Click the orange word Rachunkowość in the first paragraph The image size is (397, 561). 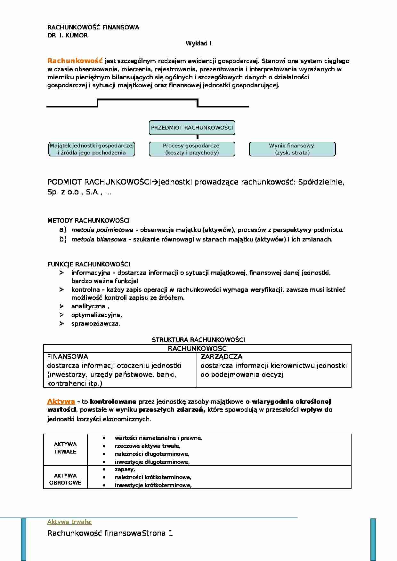(75, 61)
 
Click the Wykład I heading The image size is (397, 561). (198, 43)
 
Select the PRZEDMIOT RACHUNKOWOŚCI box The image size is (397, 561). (192, 128)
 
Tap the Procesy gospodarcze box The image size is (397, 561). (192, 149)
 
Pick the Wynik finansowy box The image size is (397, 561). (292, 149)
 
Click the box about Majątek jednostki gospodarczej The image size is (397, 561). (92, 149)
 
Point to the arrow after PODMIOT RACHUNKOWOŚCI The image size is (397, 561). (155, 182)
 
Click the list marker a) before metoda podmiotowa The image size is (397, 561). (63, 229)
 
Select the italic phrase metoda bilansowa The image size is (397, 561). (99, 239)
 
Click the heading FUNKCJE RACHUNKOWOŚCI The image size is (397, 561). (89, 264)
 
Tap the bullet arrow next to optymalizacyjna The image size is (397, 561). (61, 315)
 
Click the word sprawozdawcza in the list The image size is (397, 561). (95, 323)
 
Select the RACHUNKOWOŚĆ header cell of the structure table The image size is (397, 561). (197, 349)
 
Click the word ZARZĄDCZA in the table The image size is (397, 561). (222, 357)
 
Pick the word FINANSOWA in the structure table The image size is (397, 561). (68, 357)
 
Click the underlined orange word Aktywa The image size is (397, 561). (61, 401)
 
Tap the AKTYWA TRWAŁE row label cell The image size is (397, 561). (65, 448)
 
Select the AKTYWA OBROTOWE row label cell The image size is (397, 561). (65, 479)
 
